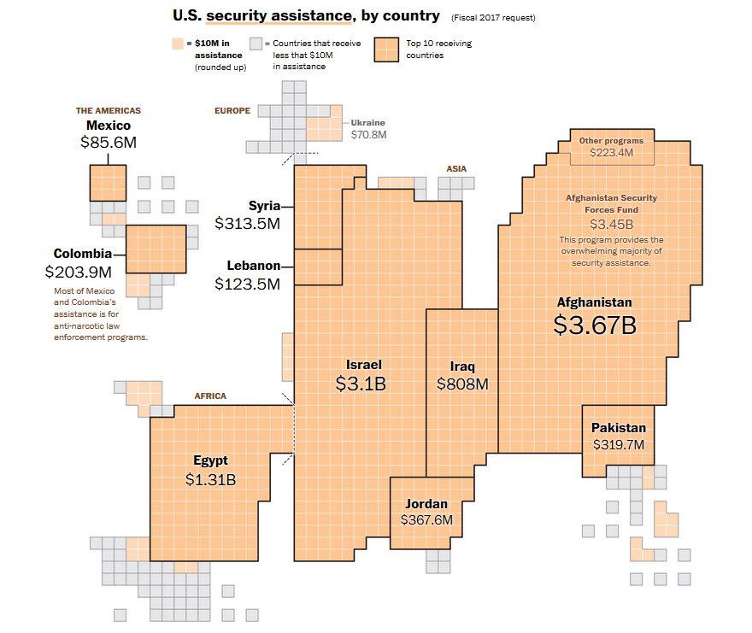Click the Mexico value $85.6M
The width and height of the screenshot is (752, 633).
click(x=108, y=143)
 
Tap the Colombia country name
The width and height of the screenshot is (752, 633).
click(x=82, y=254)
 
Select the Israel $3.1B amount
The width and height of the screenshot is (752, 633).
click(x=361, y=384)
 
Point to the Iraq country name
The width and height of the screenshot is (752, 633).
click(x=462, y=366)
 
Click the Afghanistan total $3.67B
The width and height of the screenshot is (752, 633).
click(x=595, y=325)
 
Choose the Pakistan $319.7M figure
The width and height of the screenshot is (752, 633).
click(x=619, y=445)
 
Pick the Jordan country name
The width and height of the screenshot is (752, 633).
click(x=426, y=503)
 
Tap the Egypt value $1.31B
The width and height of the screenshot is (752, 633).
click(x=210, y=479)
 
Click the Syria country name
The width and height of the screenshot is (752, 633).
click(x=264, y=206)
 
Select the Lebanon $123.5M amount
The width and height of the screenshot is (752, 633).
click(x=247, y=284)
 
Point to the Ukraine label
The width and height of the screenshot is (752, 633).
click(x=368, y=123)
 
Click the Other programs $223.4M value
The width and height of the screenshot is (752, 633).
click(x=612, y=153)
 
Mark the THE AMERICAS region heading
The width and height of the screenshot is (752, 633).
click(x=108, y=110)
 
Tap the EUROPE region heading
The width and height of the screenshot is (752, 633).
click(x=232, y=110)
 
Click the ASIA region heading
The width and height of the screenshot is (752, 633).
click(x=456, y=168)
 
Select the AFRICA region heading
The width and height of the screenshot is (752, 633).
click(x=210, y=396)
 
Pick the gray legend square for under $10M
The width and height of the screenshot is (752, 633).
click(x=256, y=44)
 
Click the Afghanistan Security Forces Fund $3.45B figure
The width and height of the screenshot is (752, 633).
click(x=612, y=225)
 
